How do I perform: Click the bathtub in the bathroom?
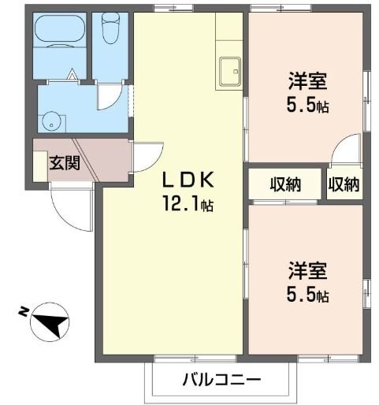(60, 28)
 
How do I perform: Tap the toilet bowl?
(110, 28)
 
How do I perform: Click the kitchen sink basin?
(230, 72)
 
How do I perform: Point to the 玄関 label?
(65, 163)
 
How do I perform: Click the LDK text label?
(188, 180)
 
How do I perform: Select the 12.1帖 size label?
(188, 203)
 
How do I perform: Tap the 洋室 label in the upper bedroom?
(307, 81)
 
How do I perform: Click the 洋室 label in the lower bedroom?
(307, 270)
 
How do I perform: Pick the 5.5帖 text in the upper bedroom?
(307, 105)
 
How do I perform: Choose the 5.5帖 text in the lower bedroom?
(307, 294)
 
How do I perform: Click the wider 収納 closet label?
(285, 184)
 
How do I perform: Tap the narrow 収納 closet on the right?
(344, 184)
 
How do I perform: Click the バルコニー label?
(222, 380)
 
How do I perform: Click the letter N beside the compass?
(24, 311)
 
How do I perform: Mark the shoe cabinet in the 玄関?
(40, 166)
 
